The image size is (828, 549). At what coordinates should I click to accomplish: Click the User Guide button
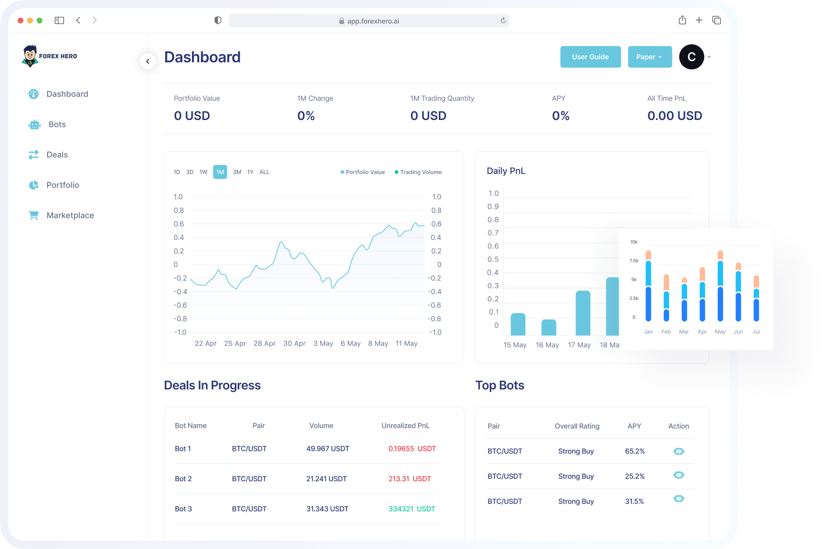(590, 57)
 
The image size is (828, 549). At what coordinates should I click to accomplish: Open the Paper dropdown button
(649, 57)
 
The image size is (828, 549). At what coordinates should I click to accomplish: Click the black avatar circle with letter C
(691, 57)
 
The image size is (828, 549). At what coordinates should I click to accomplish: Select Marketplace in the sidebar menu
(70, 215)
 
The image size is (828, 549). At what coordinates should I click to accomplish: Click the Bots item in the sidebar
(57, 125)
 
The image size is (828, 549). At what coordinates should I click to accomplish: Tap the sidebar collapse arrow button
(148, 61)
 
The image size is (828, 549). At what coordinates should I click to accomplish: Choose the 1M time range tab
(220, 172)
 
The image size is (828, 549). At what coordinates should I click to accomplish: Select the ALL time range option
(264, 172)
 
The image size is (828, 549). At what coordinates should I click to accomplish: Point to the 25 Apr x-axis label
(235, 344)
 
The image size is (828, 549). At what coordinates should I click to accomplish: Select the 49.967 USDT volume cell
(327, 449)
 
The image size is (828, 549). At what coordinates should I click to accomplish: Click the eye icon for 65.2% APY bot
(678, 451)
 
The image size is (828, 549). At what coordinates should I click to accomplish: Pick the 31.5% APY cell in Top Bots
(634, 501)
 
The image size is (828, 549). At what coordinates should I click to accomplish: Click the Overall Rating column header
(577, 426)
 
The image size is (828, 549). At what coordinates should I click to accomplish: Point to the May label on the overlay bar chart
(720, 332)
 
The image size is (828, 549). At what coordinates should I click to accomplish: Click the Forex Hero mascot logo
(30, 56)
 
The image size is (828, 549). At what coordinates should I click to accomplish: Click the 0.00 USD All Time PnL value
(674, 116)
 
